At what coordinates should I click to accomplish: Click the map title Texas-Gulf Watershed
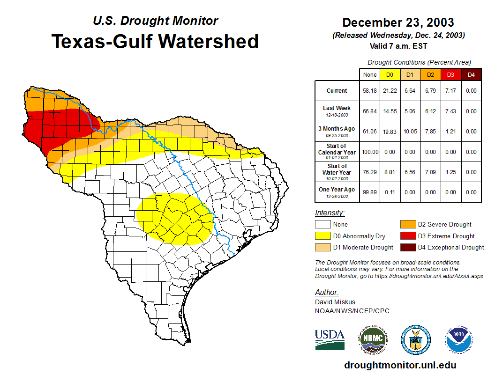pyautogui.click(x=155, y=41)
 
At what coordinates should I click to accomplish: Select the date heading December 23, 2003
pyautogui.click(x=398, y=22)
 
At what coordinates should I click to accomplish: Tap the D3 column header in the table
pyautogui.click(x=450, y=75)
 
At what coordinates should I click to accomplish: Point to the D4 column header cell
pyautogui.click(x=471, y=75)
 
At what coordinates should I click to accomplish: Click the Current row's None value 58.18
pyautogui.click(x=370, y=91)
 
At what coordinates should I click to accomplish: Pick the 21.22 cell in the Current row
pyautogui.click(x=390, y=91)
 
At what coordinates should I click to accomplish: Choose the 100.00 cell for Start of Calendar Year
pyautogui.click(x=370, y=152)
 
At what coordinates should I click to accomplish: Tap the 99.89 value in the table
pyautogui.click(x=370, y=192)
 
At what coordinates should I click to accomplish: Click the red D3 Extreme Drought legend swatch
pyautogui.click(x=407, y=236)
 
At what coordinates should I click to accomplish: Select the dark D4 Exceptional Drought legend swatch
pyautogui.click(x=407, y=247)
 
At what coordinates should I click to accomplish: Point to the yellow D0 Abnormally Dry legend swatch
pyautogui.click(x=322, y=236)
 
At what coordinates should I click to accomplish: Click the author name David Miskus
pyautogui.click(x=335, y=302)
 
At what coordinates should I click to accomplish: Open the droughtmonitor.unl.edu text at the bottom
pyautogui.click(x=400, y=365)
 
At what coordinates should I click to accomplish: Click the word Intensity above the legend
pyautogui.click(x=330, y=213)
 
